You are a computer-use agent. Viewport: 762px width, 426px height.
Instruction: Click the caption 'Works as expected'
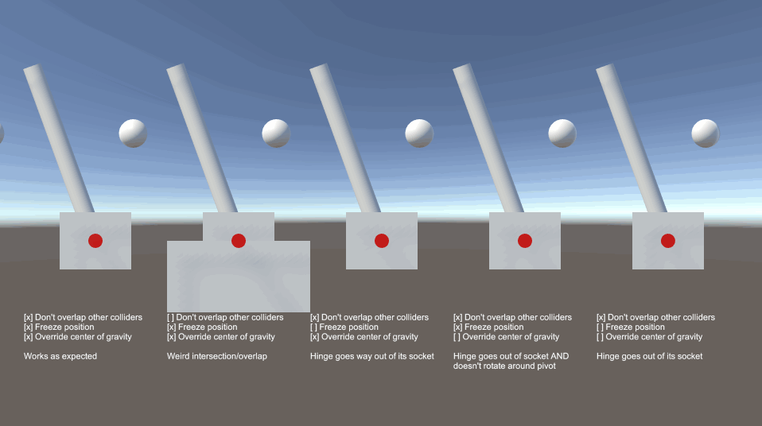point(60,356)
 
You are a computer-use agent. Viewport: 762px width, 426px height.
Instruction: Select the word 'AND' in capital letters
point(561,356)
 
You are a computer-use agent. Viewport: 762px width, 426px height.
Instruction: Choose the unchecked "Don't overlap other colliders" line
point(225,317)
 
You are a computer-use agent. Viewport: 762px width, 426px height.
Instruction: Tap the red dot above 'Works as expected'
point(95,241)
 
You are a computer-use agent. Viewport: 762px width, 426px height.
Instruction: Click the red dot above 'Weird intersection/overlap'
point(239,241)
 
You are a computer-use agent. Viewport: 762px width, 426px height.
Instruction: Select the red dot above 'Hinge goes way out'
point(382,241)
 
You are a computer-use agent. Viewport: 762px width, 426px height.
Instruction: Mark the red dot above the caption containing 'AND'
point(525,241)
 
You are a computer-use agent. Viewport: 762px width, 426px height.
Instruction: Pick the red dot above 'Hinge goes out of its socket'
point(668,241)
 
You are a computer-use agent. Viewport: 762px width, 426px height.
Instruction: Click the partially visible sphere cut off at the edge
point(1,134)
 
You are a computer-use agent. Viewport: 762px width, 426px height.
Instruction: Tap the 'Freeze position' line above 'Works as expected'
point(59,327)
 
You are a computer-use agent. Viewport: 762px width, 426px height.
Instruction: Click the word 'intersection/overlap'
point(231,356)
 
